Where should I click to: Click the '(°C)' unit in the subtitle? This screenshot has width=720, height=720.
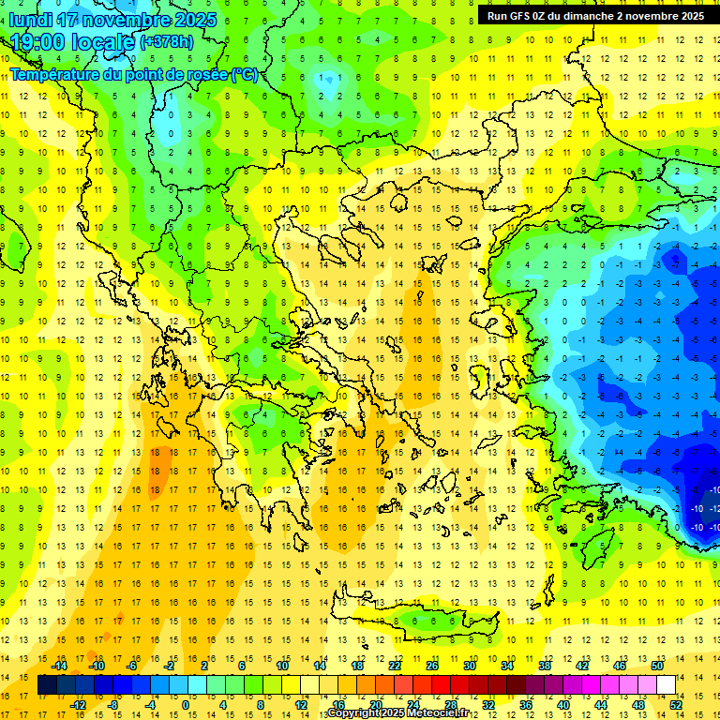[244, 74]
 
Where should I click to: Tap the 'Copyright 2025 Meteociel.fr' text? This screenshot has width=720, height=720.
[397, 713]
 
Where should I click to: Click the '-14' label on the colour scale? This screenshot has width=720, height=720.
[61, 667]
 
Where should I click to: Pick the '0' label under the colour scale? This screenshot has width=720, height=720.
[185, 705]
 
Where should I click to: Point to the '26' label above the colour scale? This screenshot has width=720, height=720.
[432, 667]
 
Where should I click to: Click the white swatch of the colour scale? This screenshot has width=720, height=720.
[666, 685]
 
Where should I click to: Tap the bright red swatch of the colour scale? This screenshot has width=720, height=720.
[442, 685]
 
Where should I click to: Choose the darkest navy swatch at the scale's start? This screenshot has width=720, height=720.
[48, 685]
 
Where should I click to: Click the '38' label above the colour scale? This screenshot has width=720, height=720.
[545, 667]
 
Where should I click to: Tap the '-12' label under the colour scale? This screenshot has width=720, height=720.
[78, 705]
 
